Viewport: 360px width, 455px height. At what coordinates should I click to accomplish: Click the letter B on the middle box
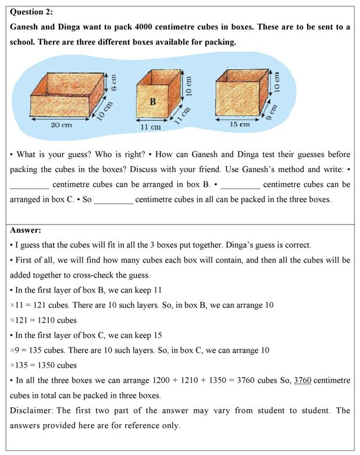pyautogui.click(x=152, y=102)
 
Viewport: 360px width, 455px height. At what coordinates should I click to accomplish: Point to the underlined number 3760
pyautogui.click(x=302, y=381)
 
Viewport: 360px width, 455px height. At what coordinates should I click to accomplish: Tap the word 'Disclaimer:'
pyautogui.click(x=31, y=411)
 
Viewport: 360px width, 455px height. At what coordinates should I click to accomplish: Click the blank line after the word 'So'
pyautogui.click(x=113, y=200)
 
